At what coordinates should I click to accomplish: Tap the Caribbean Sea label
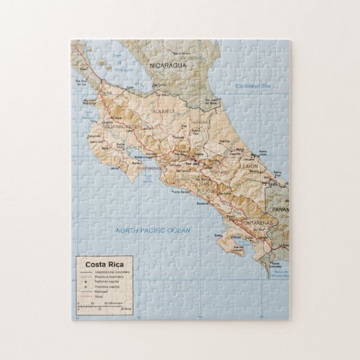[x=252, y=86]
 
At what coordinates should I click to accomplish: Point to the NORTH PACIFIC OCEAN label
[x=153, y=230]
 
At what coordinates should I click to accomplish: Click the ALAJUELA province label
[x=164, y=112]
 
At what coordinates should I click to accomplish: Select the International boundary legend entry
[x=109, y=272]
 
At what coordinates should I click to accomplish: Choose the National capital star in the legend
[x=86, y=282]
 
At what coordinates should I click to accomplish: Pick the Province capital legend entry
[x=105, y=287]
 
